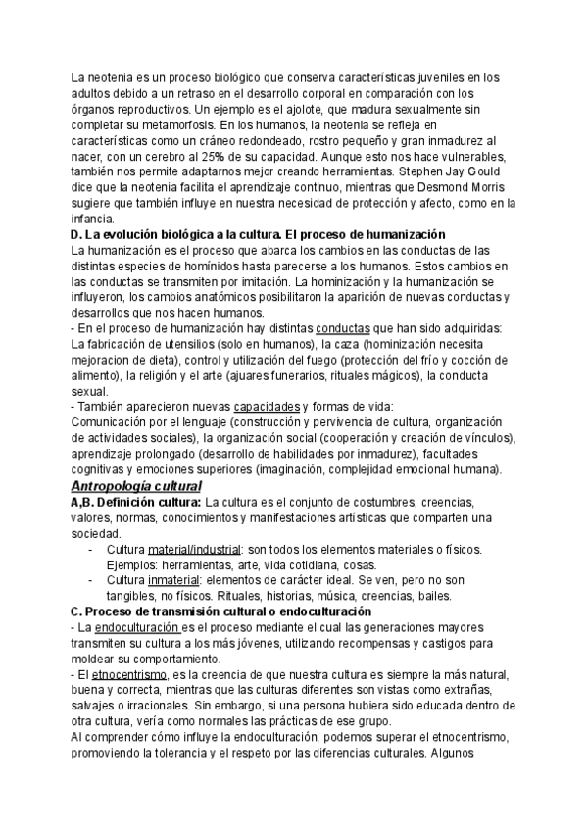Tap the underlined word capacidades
coord(267,407)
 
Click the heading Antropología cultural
coord(136,486)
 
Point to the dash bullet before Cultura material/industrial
coord(89,549)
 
